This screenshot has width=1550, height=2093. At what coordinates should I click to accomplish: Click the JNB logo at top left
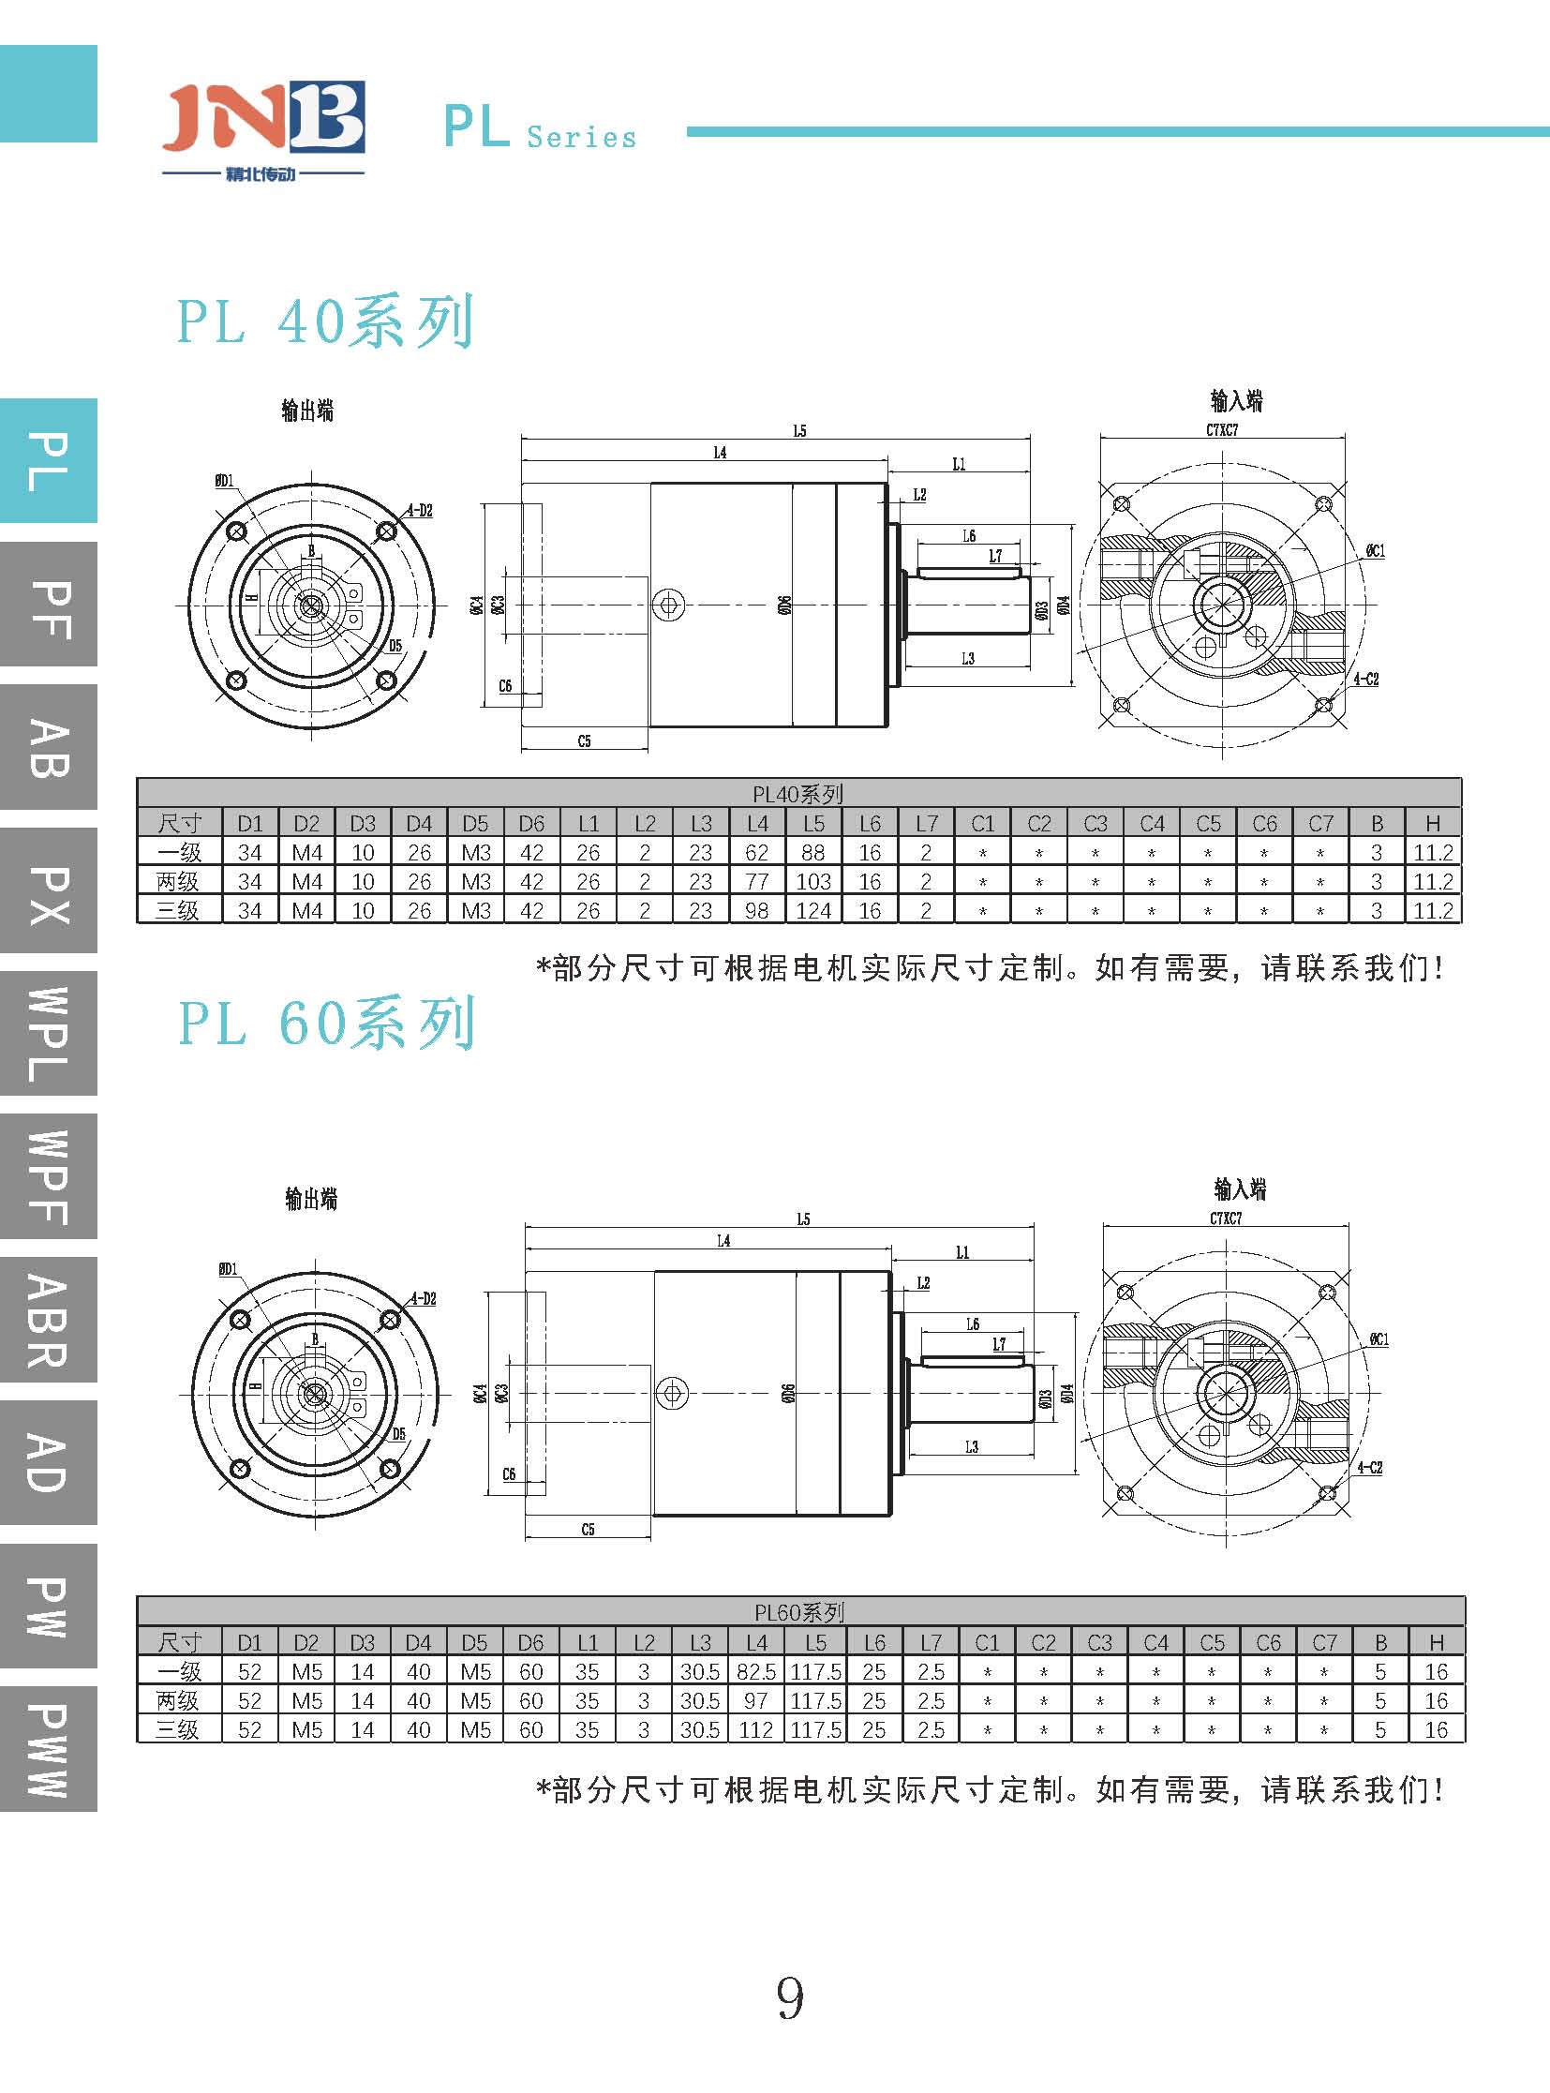point(262,122)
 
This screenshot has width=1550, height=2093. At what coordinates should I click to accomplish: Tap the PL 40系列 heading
point(324,321)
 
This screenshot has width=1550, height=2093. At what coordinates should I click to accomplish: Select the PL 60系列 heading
point(326,1023)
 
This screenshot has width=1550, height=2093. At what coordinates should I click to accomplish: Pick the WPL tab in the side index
point(49,1033)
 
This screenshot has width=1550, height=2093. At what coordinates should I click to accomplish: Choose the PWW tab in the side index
point(49,1750)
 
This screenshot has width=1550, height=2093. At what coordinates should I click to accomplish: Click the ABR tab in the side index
point(49,1320)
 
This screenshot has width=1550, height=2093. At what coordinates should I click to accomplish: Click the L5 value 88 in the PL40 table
point(813,853)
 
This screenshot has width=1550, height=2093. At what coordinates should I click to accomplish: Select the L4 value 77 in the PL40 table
point(757,882)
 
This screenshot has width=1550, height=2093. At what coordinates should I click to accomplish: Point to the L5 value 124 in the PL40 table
point(813,911)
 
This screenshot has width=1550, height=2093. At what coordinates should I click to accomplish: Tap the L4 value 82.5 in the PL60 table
point(756,1671)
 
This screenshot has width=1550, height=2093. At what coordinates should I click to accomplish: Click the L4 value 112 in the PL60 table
point(756,1729)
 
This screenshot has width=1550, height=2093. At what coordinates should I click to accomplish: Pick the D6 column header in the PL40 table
point(531,824)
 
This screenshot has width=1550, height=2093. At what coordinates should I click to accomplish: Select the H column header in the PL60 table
point(1437,1642)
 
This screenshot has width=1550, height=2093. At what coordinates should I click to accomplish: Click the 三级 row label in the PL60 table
point(178,1729)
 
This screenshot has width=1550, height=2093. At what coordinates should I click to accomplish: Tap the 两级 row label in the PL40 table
point(178,882)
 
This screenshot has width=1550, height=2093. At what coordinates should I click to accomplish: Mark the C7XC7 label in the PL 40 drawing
point(1222,430)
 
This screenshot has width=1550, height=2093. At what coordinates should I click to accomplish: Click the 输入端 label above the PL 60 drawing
point(1241,1190)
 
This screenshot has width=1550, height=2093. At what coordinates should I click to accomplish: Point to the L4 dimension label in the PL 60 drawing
point(723,1242)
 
